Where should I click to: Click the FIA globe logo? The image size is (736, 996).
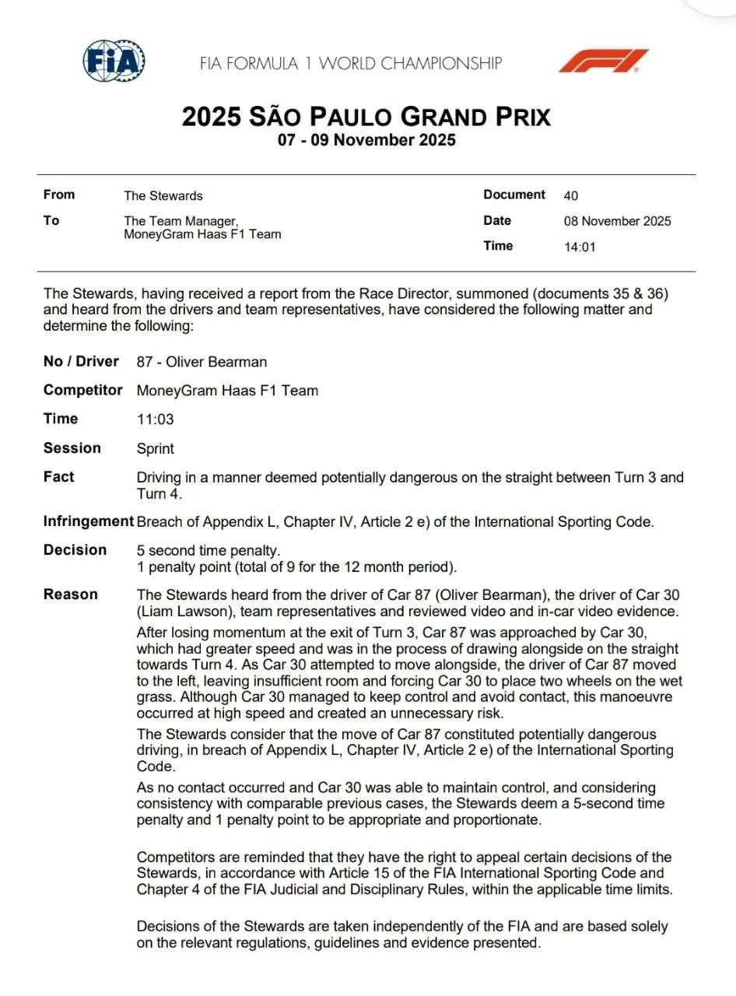(114, 60)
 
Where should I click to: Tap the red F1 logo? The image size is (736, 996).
(603, 61)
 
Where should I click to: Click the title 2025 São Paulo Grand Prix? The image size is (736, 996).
(366, 117)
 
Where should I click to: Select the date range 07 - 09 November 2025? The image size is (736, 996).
(366, 141)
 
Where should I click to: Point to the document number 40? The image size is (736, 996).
(571, 196)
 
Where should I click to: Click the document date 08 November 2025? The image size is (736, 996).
(617, 221)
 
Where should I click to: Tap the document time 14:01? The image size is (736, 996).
(580, 247)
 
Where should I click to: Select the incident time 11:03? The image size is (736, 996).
(155, 419)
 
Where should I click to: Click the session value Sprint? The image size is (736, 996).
(156, 449)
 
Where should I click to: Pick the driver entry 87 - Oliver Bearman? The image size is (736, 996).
(202, 362)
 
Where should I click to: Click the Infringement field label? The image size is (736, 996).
(89, 521)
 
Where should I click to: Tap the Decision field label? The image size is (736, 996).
(75, 550)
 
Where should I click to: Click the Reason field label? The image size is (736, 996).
(71, 594)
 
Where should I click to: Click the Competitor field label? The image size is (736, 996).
(83, 390)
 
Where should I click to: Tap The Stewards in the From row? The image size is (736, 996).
(163, 196)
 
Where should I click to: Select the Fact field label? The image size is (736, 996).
(59, 477)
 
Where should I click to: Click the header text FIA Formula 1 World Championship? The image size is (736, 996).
(351, 64)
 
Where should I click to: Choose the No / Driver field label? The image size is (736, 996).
(81, 361)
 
